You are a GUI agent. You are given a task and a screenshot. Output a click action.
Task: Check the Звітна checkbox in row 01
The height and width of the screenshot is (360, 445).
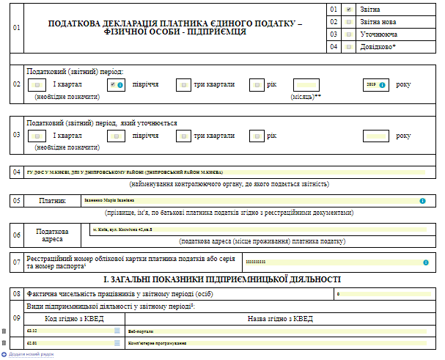click(x=348, y=10)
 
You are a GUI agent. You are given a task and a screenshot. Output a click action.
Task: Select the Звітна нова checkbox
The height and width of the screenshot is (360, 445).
click(x=348, y=22)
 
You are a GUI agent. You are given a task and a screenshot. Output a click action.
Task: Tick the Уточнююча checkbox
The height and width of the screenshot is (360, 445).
click(x=348, y=34)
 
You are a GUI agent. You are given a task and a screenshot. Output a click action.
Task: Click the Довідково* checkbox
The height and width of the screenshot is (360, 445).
click(x=348, y=47)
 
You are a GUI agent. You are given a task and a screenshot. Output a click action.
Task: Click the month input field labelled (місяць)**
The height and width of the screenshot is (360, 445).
click(x=306, y=84)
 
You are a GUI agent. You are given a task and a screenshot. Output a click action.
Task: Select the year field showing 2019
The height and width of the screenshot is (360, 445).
click(x=375, y=84)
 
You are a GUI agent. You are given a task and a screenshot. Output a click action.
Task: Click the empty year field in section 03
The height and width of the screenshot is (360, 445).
click(x=376, y=136)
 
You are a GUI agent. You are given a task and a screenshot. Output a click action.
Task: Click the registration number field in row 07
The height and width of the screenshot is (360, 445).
click(x=334, y=262)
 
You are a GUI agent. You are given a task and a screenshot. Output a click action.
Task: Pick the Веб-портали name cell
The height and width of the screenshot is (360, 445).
click(x=279, y=331)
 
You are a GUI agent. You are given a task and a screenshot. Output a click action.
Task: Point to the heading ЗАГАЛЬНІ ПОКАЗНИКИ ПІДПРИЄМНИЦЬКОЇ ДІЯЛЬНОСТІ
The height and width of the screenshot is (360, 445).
click(x=221, y=279)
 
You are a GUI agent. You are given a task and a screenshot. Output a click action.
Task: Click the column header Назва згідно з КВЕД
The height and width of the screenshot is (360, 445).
click(x=280, y=318)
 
